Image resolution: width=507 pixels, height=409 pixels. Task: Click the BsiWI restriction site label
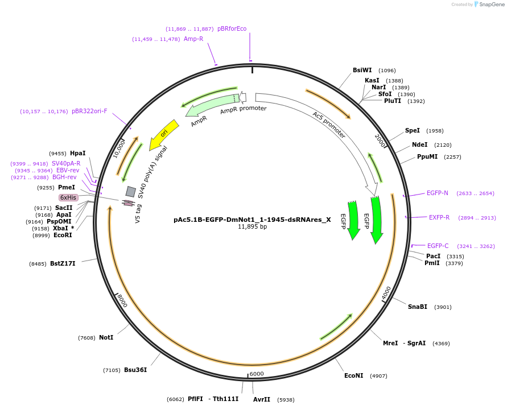[x=362, y=71]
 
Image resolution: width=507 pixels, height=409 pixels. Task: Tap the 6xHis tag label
[x=68, y=197]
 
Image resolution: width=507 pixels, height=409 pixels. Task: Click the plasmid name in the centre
[x=252, y=219]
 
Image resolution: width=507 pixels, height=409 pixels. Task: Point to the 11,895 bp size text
[x=252, y=226]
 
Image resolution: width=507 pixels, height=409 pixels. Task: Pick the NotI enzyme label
[x=106, y=337]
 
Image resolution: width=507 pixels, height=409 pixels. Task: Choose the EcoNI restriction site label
[x=353, y=375]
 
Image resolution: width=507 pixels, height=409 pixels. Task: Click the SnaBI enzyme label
[x=417, y=307]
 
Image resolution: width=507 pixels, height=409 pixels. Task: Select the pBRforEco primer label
[x=232, y=28]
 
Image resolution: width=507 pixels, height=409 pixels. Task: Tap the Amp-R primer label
[x=193, y=39]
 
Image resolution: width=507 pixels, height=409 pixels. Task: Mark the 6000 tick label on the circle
[x=257, y=374]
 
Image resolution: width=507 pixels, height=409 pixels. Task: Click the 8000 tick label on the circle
[x=121, y=301]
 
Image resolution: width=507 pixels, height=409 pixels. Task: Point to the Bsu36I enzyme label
[x=135, y=370]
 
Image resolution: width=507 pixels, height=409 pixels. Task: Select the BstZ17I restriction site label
[x=63, y=263]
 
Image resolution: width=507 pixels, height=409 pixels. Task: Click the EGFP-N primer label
[x=437, y=193]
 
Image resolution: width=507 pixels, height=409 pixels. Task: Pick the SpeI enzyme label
[x=412, y=130]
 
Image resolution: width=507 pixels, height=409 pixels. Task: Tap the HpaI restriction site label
[x=78, y=153]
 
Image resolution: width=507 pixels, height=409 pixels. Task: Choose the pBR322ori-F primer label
[x=89, y=111]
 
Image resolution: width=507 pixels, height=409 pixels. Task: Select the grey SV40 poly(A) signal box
[x=131, y=192]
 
